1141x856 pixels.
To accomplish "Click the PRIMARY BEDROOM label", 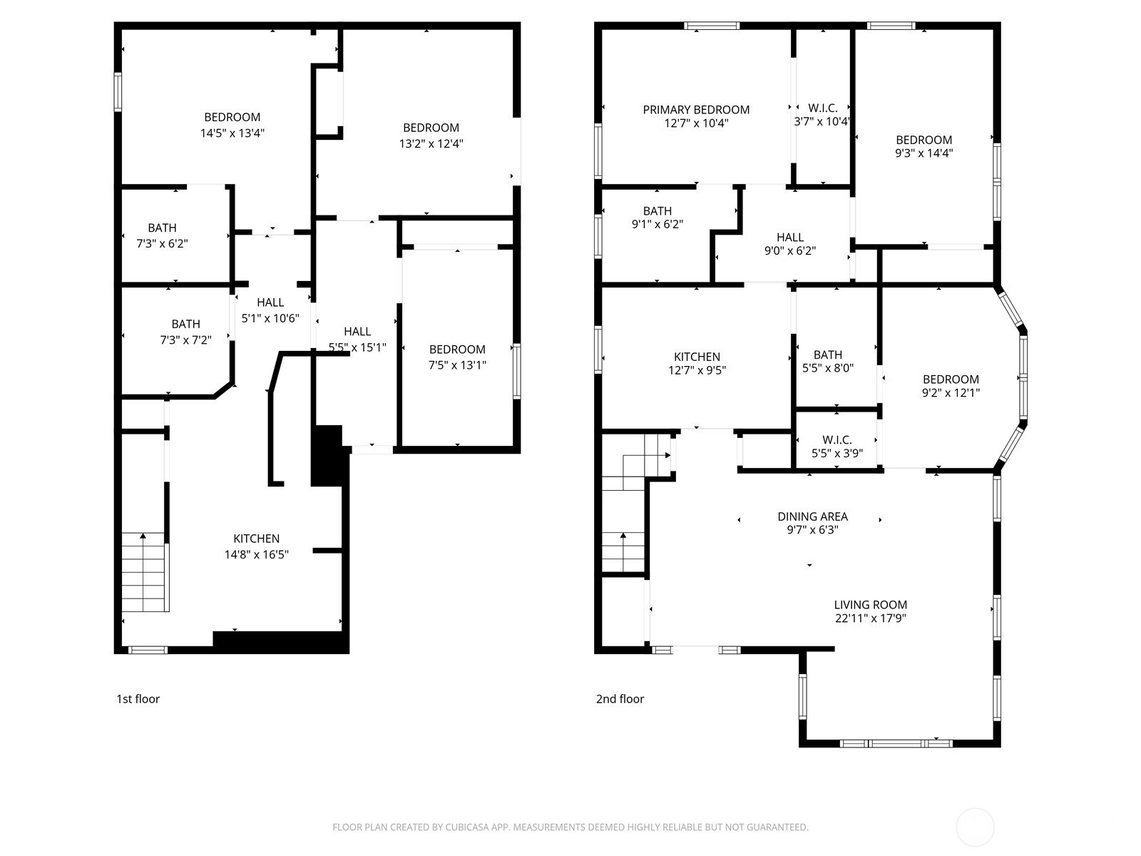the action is coord(696,110).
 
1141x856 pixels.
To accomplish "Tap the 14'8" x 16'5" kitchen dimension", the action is coord(256,554).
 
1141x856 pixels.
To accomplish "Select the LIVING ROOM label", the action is coord(871,605).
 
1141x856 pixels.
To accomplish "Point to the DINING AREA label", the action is coord(812,516).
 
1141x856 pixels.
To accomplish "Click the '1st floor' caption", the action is coord(138,699).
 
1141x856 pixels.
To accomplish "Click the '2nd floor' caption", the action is coord(620,699).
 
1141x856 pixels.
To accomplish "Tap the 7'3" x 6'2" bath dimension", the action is coord(162,244).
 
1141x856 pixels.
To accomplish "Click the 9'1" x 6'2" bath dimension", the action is coord(657,224).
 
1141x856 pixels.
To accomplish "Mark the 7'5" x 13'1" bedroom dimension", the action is coord(457,365).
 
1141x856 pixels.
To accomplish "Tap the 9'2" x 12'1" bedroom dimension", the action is coord(951,393).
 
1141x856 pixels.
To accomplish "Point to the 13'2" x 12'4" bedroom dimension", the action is coord(431,144).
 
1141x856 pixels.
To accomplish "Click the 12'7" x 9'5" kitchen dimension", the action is coord(697,370).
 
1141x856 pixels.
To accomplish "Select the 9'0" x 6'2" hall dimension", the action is coord(790,250).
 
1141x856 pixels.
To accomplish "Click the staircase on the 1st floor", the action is coord(145,571).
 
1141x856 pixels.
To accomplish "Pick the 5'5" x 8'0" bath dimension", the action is coord(827,368).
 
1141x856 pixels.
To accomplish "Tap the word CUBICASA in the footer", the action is coord(465,827).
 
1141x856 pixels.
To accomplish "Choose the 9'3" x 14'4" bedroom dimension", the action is coord(923,153).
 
